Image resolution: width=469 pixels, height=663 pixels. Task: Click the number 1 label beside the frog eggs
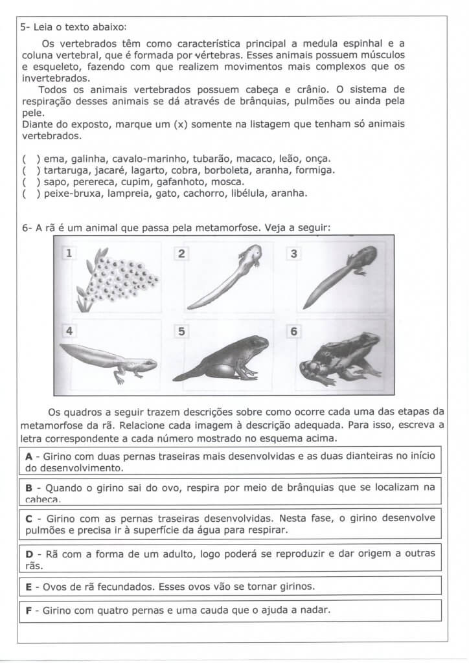tap(68, 254)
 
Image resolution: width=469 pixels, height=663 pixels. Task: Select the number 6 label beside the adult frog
tap(294, 331)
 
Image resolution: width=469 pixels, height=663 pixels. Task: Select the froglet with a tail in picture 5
tap(227, 360)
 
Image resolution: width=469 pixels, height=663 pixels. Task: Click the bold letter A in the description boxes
tap(29, 456)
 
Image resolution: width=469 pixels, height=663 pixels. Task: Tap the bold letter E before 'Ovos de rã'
tap(29, 587)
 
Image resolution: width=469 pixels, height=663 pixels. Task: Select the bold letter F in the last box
tap(29, 610)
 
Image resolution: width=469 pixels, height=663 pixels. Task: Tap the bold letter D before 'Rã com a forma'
tap(29, 554)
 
